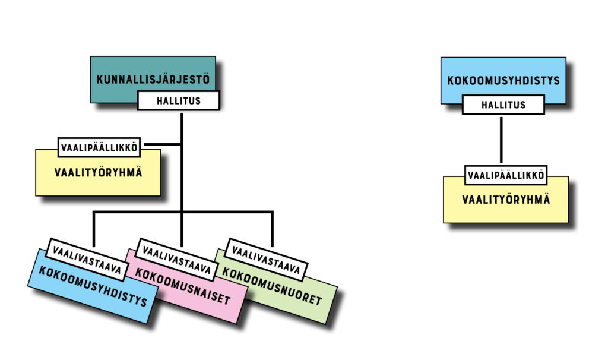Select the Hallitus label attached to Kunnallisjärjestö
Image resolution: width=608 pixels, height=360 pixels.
click(x=179, y=101)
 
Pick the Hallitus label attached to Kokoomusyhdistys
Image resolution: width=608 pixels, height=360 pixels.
click(x=503, y=105)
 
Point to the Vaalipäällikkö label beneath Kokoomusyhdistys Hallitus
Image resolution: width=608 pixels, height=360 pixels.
click(x=505, y=175)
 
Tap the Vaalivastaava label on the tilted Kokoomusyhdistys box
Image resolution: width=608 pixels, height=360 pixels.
click(x=87, y=258)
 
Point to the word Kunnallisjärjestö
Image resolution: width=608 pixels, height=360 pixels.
click(x=153, y=79)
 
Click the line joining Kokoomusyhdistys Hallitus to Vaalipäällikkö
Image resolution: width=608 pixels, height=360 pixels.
click(x=502, y=140)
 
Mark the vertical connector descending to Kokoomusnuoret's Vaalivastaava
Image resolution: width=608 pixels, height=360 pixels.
click(x=272, y=229)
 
